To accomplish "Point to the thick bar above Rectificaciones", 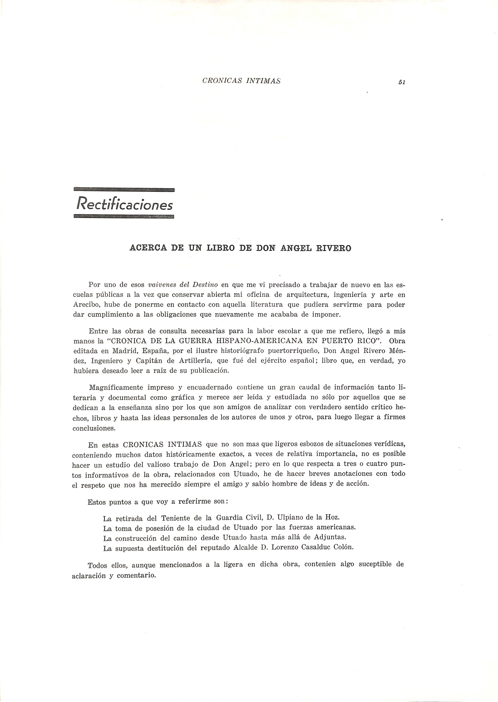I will coord(124,190).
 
